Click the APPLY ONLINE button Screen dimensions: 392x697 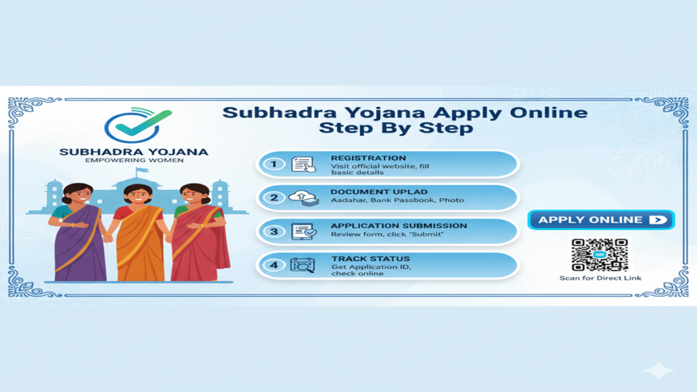[x=600, y=220]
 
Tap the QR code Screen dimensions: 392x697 [x=599, y=255]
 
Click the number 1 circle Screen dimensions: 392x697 [x=274, y=164]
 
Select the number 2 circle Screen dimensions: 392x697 [x=274, y=197]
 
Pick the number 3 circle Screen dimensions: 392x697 [x=274, y=231]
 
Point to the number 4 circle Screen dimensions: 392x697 [x=274, y=265]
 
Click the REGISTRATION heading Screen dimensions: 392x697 [x=368, y=158]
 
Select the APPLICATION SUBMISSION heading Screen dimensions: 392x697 [x=399, y=225]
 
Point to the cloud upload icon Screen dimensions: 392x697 [x=303, y=197]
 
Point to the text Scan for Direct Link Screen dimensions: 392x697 [x=600, y=278]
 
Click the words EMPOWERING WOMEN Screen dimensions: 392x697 [x=134, y=161]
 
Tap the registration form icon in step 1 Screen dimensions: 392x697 [x=303, y=164]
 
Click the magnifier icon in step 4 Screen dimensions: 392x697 [x=303, y=265]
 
